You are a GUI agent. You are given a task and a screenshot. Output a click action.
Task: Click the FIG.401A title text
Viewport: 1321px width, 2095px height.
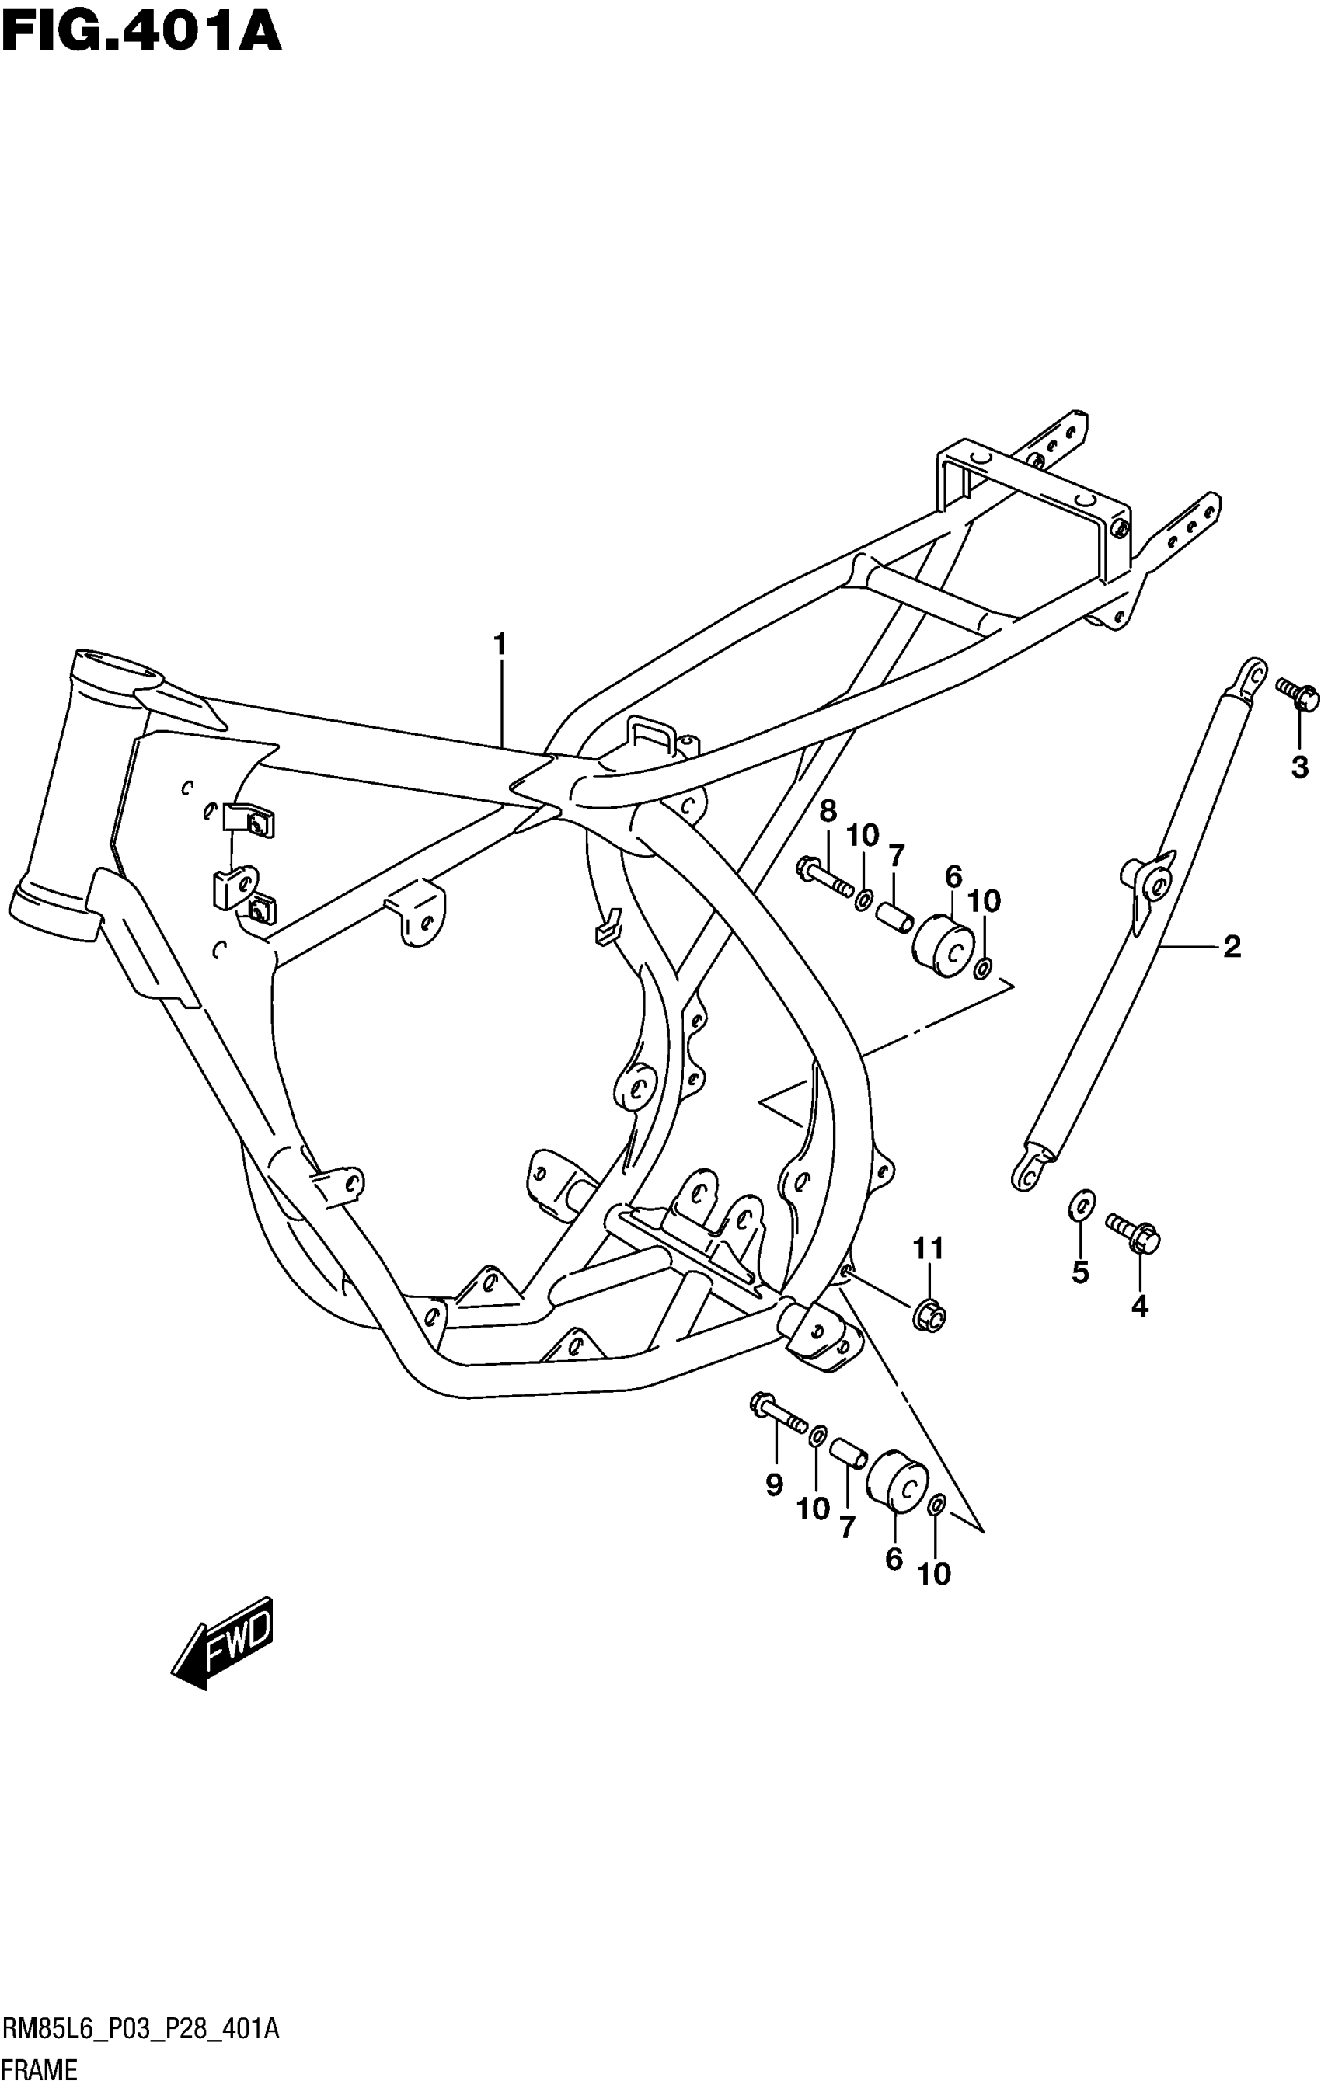pos(141,33)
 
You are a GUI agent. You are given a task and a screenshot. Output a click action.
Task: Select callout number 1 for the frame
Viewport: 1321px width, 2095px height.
pos(500,645)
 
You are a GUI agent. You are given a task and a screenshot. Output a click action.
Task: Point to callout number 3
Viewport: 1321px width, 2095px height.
pos(1299,767)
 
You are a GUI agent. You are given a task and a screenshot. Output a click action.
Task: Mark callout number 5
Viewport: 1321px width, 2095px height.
pos(1080,1272)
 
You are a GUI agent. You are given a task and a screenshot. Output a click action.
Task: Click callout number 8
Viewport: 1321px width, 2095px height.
pos(828,812)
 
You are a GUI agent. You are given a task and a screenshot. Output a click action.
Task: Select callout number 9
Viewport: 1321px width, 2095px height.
pos(774,1485)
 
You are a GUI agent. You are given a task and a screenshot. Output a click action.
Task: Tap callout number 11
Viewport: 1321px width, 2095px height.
pos(928,1248)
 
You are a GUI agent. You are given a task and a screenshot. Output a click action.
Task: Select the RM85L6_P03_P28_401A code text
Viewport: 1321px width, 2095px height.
pos(141,2030)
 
